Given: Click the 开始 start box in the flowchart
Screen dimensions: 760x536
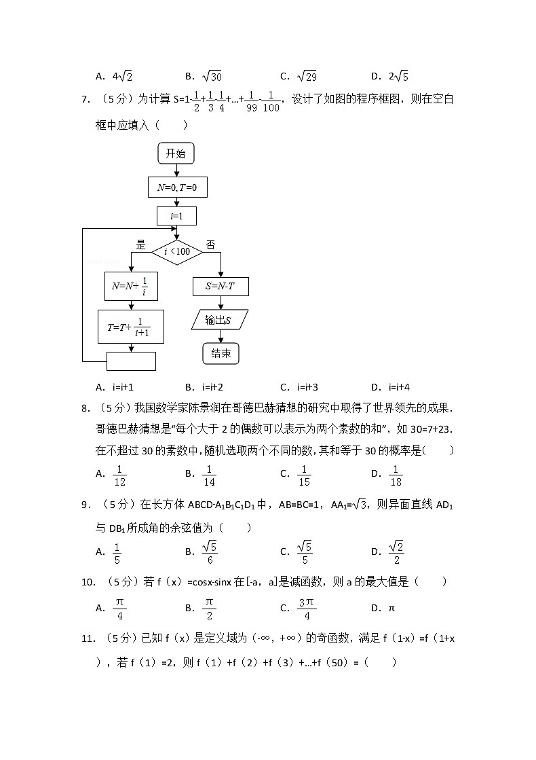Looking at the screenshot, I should click(176, 153).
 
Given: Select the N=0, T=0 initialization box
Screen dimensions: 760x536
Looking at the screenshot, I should click(176, 187).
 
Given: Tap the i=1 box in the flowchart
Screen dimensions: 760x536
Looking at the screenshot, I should click(176, 217).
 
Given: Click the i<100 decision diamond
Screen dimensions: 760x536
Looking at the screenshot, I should click(176, 253).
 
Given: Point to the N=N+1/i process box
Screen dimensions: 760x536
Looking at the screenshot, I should click(131, 286).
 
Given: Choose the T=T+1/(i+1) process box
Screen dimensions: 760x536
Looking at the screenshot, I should click(132, 327).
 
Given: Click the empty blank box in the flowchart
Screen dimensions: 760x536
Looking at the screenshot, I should click(131, 361).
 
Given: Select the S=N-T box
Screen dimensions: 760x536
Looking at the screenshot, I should click(221, 287).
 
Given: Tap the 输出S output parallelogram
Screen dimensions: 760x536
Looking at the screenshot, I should click(220, 320).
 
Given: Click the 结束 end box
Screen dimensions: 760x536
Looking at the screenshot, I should click(221, 353).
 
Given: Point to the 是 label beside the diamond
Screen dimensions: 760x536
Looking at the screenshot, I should click(141, 245).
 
